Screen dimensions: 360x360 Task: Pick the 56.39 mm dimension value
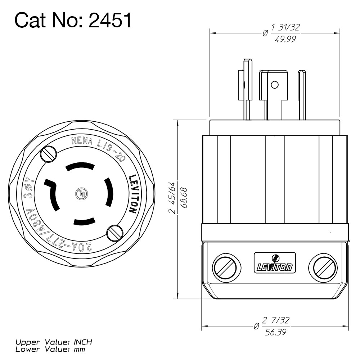pyautogui.click(x=276, y=333)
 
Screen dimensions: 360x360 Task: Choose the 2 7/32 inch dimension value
pyautogui.click(x=276, y=320)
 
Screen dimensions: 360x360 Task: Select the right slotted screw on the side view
pyautogui.click(x=324, y=267)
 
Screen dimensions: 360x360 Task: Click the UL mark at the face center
pyautogui.click(x=81, y=194)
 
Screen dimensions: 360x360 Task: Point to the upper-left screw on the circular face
pyautogui.click(x=49, y=154)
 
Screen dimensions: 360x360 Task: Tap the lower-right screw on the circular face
pyautogui.click(x=114, y=233)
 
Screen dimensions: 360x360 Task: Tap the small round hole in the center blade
pyautogui.click(x=275, y=85)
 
